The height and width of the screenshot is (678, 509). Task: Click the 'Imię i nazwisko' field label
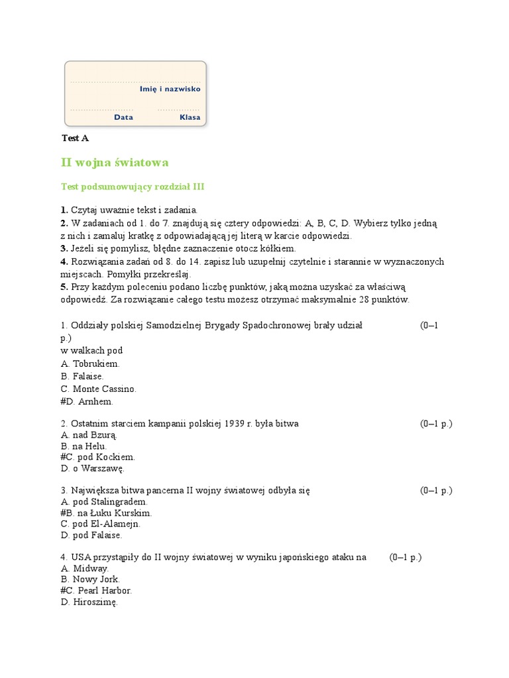(170, 89)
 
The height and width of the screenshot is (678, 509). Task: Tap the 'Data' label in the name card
(123, 117)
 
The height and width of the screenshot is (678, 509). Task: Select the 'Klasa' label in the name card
(190, 117)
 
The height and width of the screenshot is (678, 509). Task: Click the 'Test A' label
(75, 138)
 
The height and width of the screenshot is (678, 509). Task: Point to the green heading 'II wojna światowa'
(115, 162)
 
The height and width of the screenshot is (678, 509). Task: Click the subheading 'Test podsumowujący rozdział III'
(133, 187)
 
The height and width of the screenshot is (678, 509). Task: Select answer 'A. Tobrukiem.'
(90, 363)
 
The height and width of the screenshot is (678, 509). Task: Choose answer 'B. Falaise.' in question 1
(82, 376)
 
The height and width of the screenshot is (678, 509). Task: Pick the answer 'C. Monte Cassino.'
(98, 389)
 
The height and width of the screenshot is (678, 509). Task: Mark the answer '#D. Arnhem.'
(87, 401)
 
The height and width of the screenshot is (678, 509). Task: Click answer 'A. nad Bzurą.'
(89, 435)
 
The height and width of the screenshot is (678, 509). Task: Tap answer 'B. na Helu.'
(84, 446)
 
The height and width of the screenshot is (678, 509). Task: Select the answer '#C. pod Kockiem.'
(97, 457)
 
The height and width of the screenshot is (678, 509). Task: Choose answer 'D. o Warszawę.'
(92, 468)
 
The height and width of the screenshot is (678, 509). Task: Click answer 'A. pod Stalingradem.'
(103, 502)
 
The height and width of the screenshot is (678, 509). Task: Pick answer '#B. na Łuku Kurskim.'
(106, 512)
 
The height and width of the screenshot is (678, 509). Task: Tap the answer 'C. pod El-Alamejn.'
(100, 524)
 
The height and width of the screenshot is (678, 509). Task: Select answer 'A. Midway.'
(85, 568)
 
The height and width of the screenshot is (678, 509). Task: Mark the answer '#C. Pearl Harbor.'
(96, 590)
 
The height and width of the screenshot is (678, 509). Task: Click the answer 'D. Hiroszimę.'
(89, 602)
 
